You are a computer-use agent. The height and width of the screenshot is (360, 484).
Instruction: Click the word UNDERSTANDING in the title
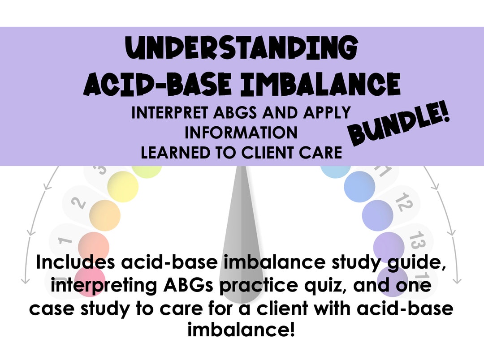click(241, 49)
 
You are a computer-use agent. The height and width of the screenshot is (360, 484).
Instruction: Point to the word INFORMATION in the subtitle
click(241, 133)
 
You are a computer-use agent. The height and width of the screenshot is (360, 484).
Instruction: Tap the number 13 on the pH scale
click(417, 241)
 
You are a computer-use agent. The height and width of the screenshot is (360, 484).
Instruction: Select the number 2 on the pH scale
click(79, 202)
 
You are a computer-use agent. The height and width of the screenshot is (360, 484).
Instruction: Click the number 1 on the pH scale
click(65, 240)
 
